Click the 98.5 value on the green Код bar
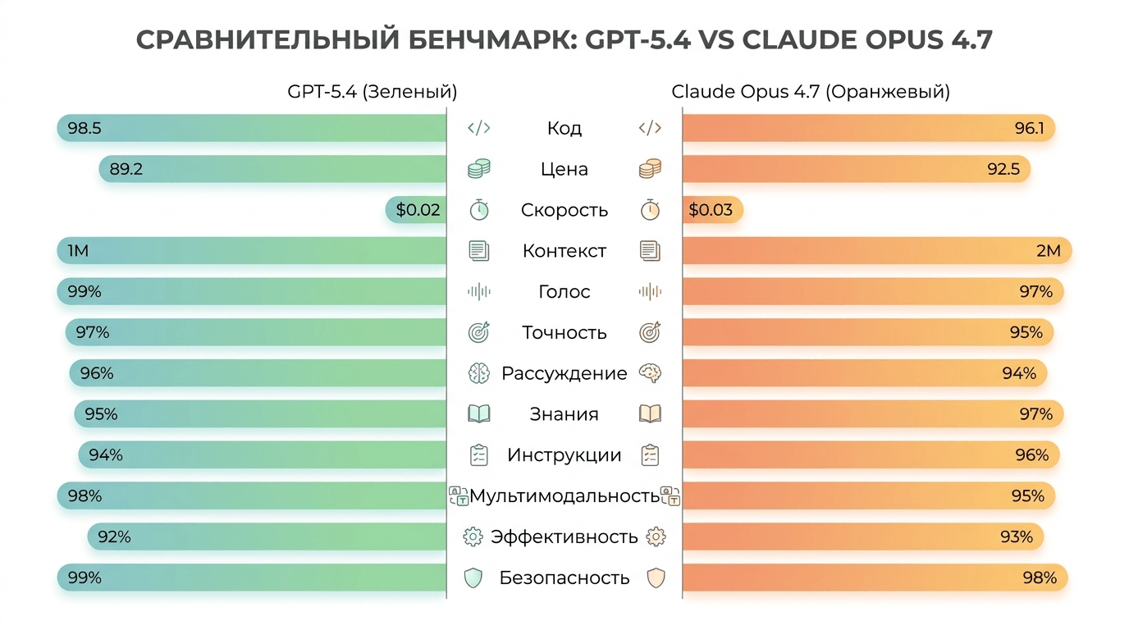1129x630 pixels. click(x=84, y=128)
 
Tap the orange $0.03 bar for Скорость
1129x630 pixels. click(x=711, y=210)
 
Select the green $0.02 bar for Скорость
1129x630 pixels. click(x=417, y=210)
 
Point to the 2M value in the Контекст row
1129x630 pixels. click(x=1049, y=251)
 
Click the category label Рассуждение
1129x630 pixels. click(x=564, y=374)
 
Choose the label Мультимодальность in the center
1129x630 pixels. click(x=564, y=496)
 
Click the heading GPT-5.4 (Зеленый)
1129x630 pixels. click(x=372, y=92)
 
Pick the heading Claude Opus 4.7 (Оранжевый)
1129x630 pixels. click(x=811, y=92)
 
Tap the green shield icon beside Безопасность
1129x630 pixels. click(x=473, y=578)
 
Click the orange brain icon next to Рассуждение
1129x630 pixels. click(x=650, y=374)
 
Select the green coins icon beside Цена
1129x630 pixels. click(x=479, y=169)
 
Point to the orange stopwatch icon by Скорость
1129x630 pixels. click(x=650, y=210)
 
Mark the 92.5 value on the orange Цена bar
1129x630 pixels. click(x=1003, y=169)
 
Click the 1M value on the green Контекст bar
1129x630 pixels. click(x=78, y=251)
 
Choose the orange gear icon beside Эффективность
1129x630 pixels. click(x=655, y=537)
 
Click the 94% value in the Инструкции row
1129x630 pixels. click(x=106, y=455)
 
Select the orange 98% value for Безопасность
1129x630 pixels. click(x=1040, y=578)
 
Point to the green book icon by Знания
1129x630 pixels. click(x=479, y=414)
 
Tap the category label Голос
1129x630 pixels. click(x=564, y=292)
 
